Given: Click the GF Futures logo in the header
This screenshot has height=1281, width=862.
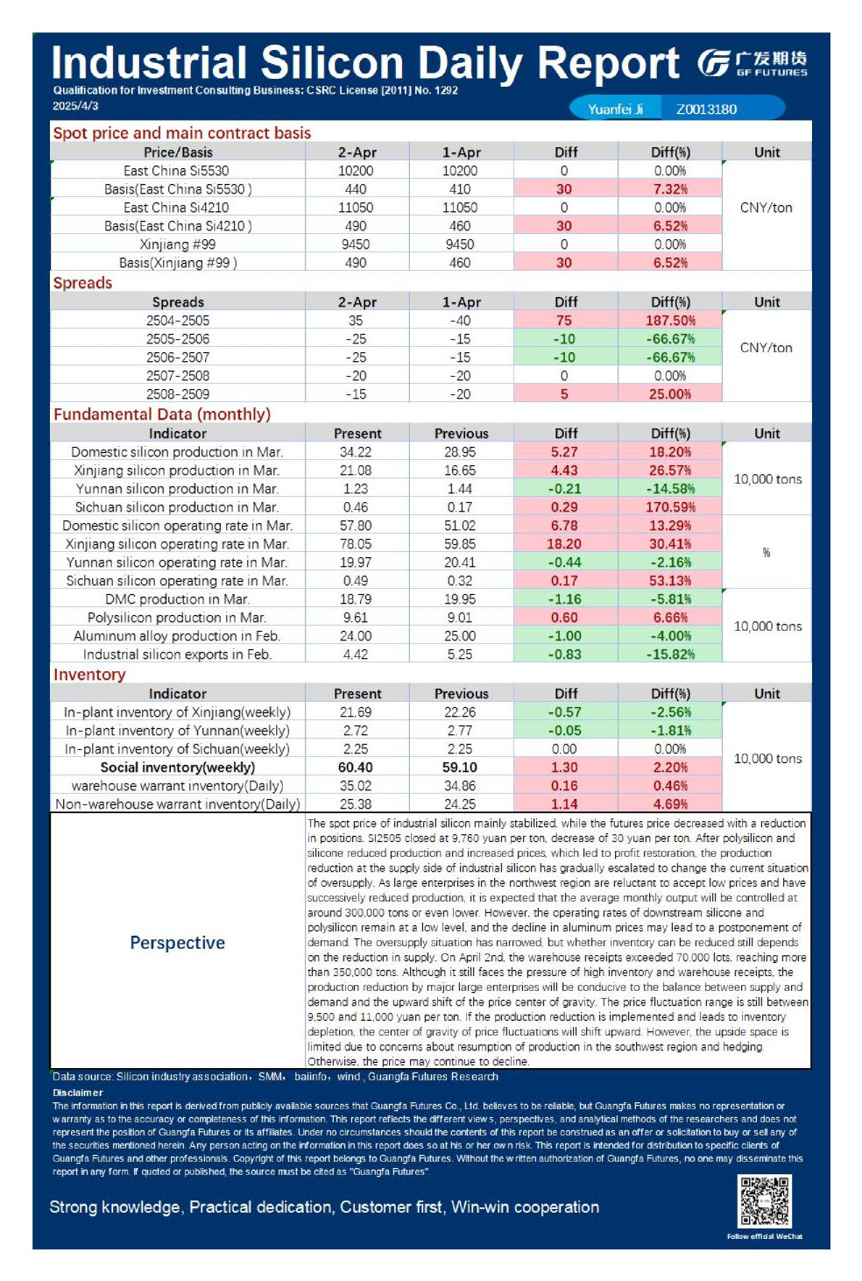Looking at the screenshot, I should pyautogui.click(x=752, y=63).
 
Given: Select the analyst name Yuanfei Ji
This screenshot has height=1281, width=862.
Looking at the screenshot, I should pyautogui.click(x=615, y=109).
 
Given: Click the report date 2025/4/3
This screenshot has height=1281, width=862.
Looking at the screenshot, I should pyautogui.click(x=75, y=106).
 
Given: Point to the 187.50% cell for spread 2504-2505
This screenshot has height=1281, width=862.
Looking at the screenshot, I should pyautogui.click(x=670, y=321).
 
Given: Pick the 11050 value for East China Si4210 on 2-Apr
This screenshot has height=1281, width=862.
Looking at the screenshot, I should pyautogui.click(x=356, y=208).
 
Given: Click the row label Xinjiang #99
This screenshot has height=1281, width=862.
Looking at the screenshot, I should pyautogui.click(x=178, y=244).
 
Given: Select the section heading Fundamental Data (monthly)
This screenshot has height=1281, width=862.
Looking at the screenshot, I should pyautogui.click(x=162, y=414).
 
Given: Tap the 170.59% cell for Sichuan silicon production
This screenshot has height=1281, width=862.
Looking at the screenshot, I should pyautogui.click(x=670, y=507).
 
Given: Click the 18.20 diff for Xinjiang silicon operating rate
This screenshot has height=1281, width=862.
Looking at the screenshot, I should pyautogui.click(x=564, y=544).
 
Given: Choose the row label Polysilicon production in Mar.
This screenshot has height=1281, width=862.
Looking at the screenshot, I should pyautogui.click(x=178, y=618).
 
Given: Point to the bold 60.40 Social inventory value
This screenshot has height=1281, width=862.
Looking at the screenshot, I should pyautogui.click(x=356, y=768).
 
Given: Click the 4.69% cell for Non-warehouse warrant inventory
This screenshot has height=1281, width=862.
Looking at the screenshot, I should pyautogui.click(x=670, y=804).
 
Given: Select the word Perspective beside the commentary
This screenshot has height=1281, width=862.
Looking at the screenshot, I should pyautogui.click(x=178, y=943).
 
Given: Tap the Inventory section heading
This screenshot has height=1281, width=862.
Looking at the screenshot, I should pyautogui.click(x=89, y=675).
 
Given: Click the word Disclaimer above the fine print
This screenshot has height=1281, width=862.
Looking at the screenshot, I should pyautogui.click(x=78, y=1093).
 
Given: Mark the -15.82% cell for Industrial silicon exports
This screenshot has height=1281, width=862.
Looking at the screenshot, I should pyautogui.click(x=670, y=655).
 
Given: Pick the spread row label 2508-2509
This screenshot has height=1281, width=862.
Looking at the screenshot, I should pyautogui.click(x=178, y=394).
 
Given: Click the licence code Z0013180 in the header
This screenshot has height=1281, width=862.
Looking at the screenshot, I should pyautogui.click(x=706, y=109).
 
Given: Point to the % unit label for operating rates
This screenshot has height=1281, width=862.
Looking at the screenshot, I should pyautogui.click(x=767, y=553).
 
